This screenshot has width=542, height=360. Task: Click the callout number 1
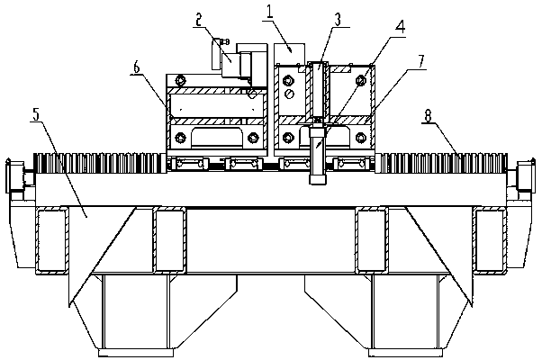pos(268,12)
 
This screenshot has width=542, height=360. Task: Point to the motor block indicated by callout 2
pos(236,65)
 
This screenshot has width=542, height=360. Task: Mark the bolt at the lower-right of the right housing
pos(359,137)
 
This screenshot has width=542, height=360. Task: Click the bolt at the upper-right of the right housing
pos(359,79)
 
